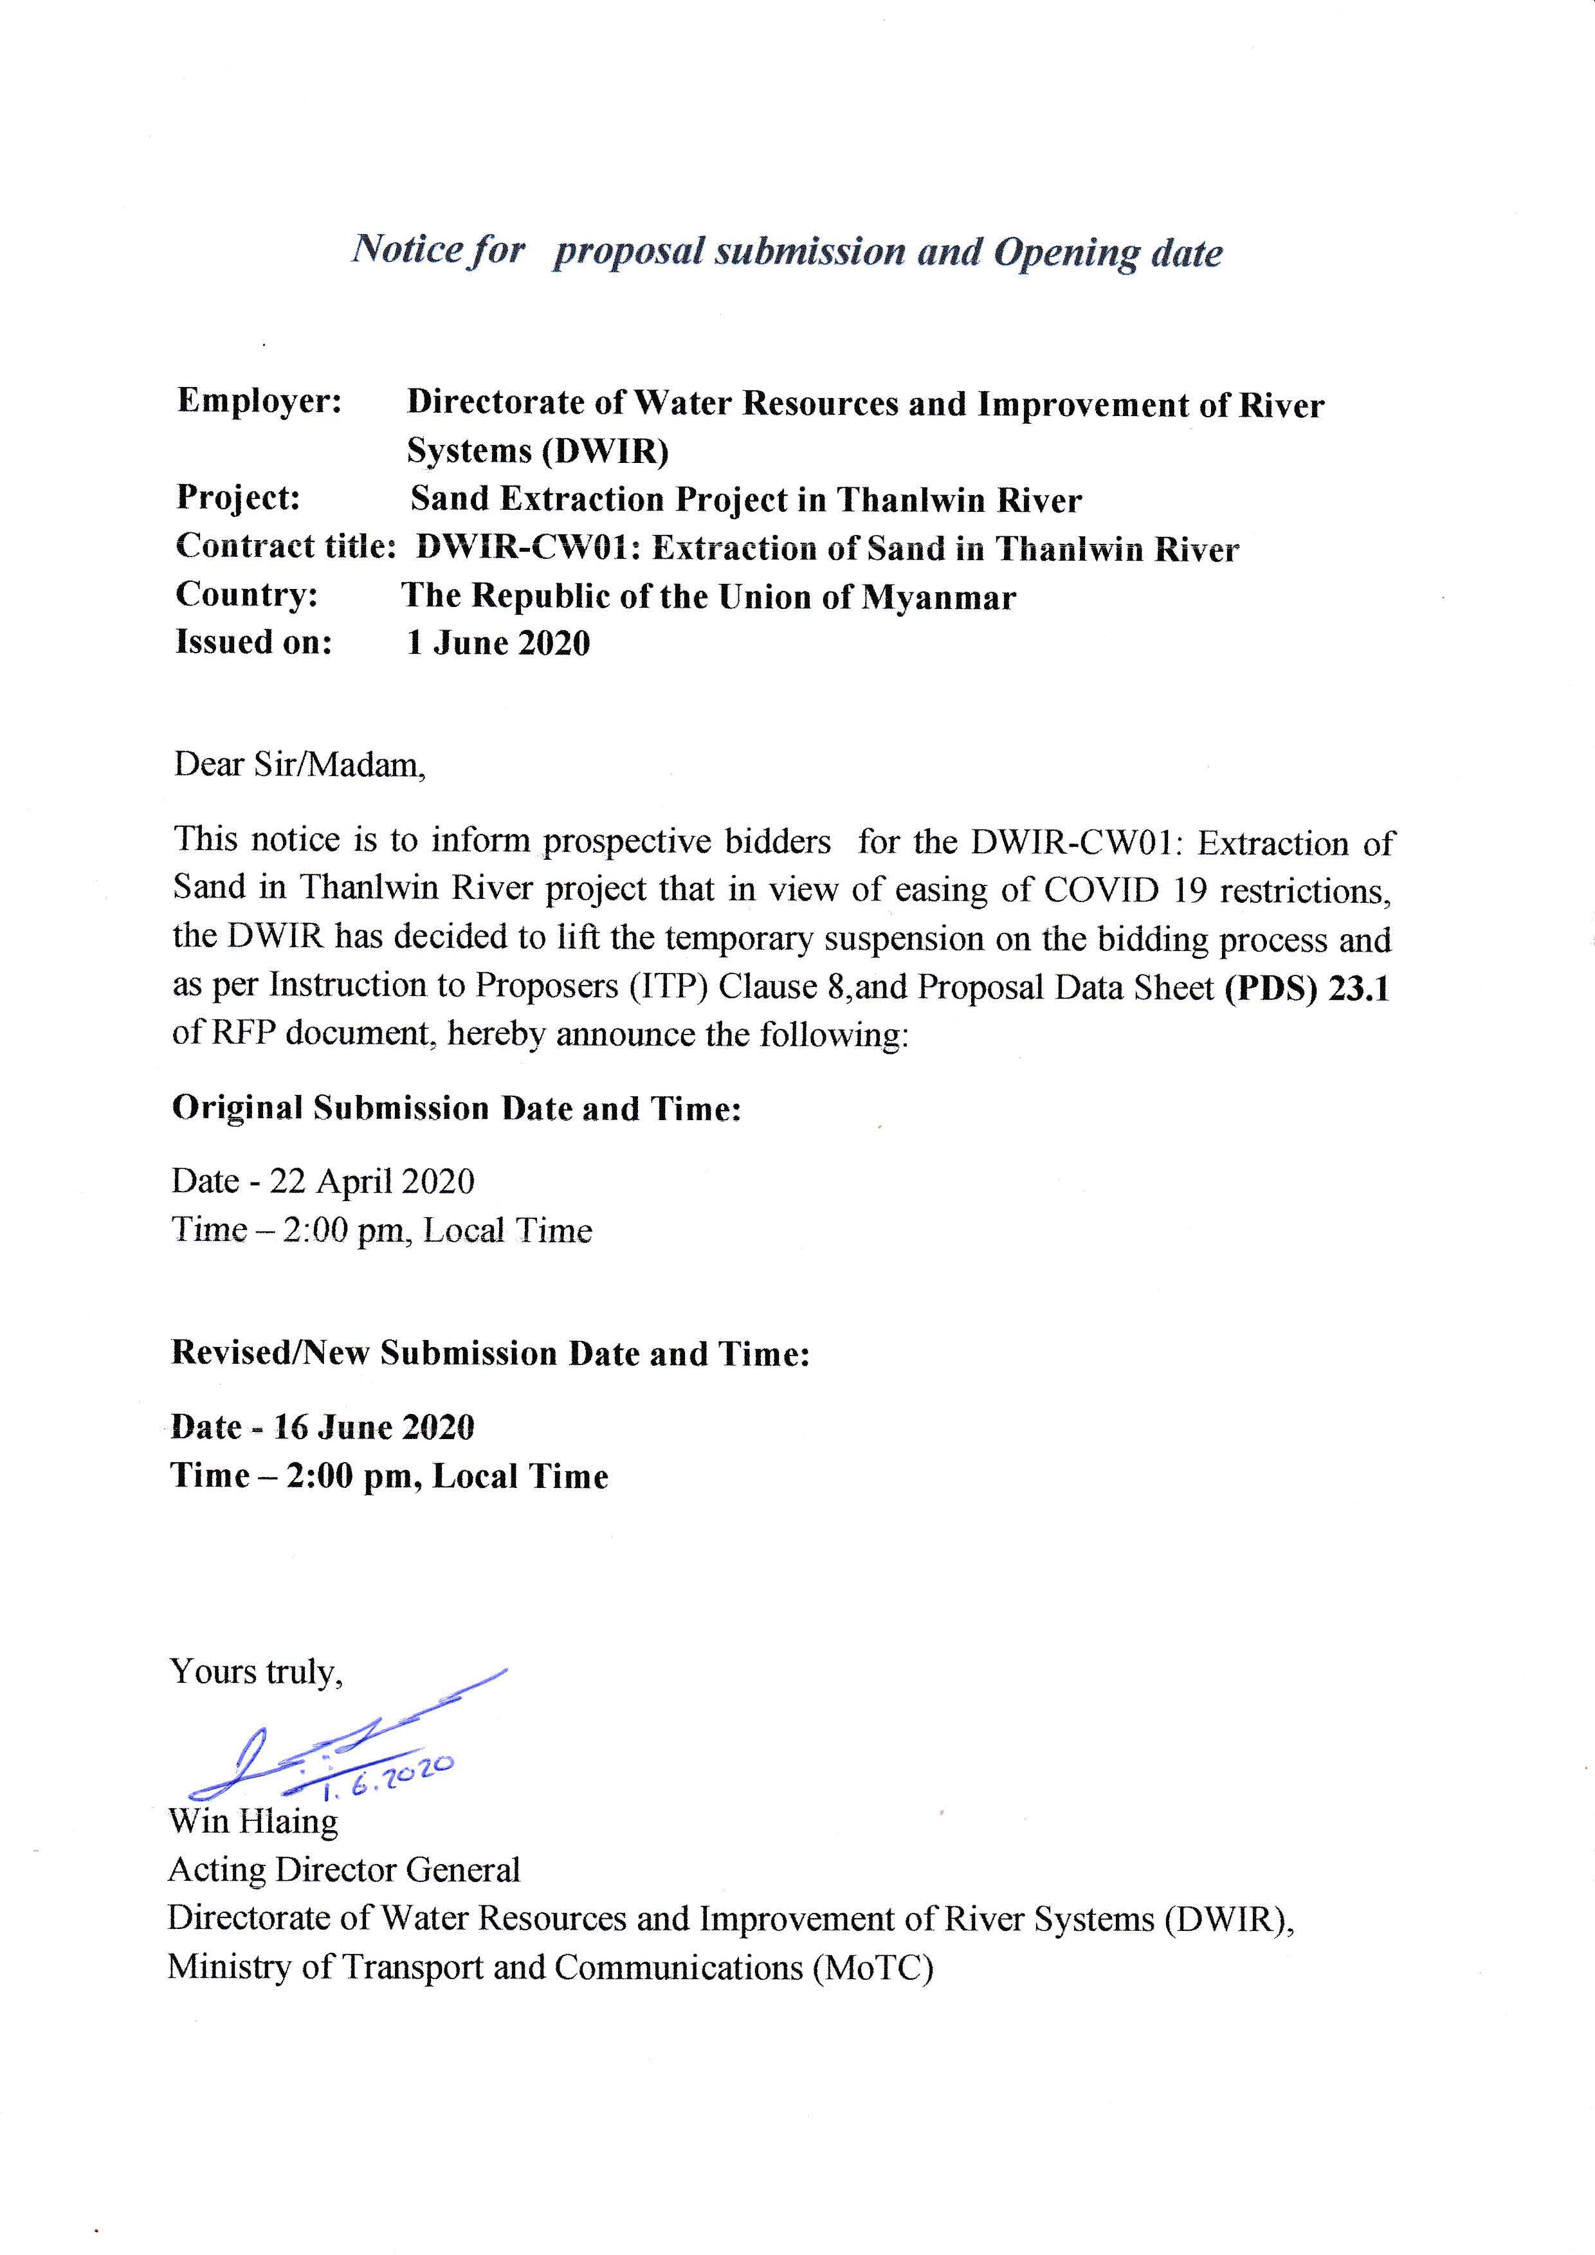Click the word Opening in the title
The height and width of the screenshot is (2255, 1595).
(x=1066, y=253)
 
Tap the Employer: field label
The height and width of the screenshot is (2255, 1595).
(x=259, y=402)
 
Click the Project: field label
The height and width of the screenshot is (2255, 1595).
(x=238, y=498)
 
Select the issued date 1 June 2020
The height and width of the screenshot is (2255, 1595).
(x=499, y=643)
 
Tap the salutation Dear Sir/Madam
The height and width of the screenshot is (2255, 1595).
(x=300, y=765)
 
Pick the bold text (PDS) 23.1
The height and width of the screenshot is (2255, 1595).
(x=1306, y=987)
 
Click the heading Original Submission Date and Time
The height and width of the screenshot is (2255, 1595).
(x=456, y=1108)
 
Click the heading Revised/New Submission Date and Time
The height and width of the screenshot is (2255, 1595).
(x=490, y=1354)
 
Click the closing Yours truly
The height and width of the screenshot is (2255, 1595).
(x=257, y=1672)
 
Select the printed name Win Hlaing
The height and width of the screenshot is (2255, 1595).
(x=253, y=1821)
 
